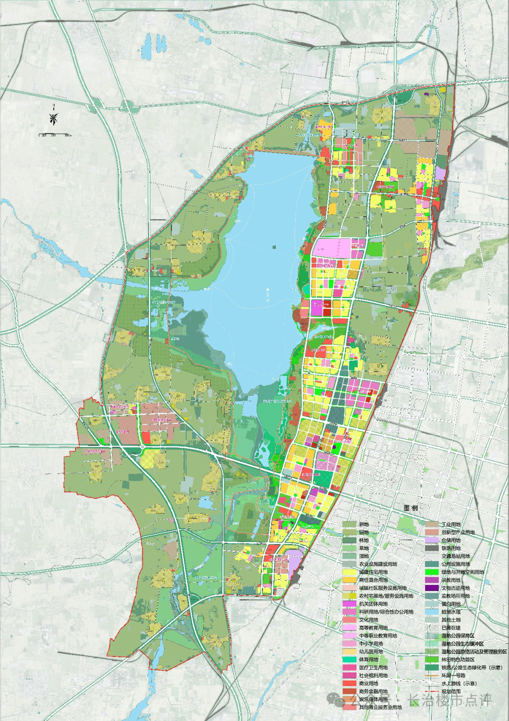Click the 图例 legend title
pos(410,508)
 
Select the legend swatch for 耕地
pos(350,524)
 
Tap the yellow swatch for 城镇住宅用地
pos(350,572)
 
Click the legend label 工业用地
pos(451,524)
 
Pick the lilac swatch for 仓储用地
pos(432,540)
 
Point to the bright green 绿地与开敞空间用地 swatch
pos(432,572)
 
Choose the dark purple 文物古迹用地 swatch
pos(432,588)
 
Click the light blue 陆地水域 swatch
pos(432,612)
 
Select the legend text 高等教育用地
pos(373,628)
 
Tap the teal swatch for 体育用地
pos(350,660)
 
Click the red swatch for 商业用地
pos(350,684)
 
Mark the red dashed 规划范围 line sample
pos(432,692)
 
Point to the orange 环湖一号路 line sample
pos(432,676)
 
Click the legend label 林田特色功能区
pos(458,660)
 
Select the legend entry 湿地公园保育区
pos(458,636)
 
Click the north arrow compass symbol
pos(54,118)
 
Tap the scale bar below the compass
pos(55,135)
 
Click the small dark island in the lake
pos(273,245)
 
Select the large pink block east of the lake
pos(332,248)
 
